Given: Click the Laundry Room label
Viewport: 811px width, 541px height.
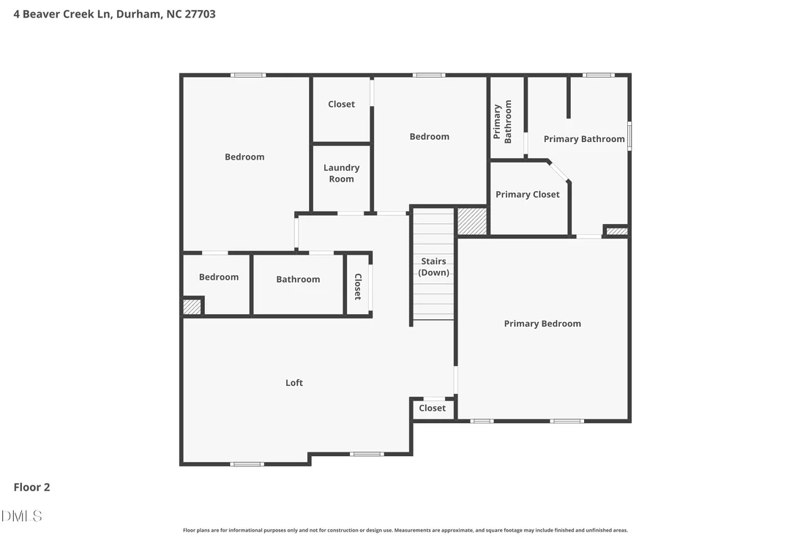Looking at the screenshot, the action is [341, 174].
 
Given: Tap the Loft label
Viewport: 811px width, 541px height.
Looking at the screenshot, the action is [294, 383].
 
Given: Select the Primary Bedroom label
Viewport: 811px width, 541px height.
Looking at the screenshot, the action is [542, 324].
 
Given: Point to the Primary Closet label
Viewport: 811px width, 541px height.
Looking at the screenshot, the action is [528, 195].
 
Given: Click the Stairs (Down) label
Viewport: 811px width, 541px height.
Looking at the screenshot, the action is [433, 267].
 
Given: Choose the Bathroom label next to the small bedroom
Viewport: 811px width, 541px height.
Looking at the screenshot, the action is [298, 280].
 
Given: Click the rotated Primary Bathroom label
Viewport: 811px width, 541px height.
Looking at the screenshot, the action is [502, 122].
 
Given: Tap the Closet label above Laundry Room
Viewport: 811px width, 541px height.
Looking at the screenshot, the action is [341, 104].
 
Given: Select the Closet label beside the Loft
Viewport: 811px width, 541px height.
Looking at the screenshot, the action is [433, 408].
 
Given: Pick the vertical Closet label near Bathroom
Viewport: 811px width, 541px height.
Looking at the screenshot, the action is [357, 286].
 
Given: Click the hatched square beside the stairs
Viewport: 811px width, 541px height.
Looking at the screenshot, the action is [471, 221].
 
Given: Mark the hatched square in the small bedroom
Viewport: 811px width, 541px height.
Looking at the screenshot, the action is [192, 307].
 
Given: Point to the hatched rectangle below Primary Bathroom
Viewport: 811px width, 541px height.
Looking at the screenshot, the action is [616, 231].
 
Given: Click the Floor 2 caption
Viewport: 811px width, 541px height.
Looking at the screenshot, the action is [31, 488].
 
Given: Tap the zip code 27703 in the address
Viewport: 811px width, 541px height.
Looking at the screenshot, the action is [200, 14].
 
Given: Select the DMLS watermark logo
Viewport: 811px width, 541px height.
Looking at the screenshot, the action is [21, 515].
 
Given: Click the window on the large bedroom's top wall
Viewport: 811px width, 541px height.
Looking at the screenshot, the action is [248, 75].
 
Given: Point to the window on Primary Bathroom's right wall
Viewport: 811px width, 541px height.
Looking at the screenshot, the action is [629, 136].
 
